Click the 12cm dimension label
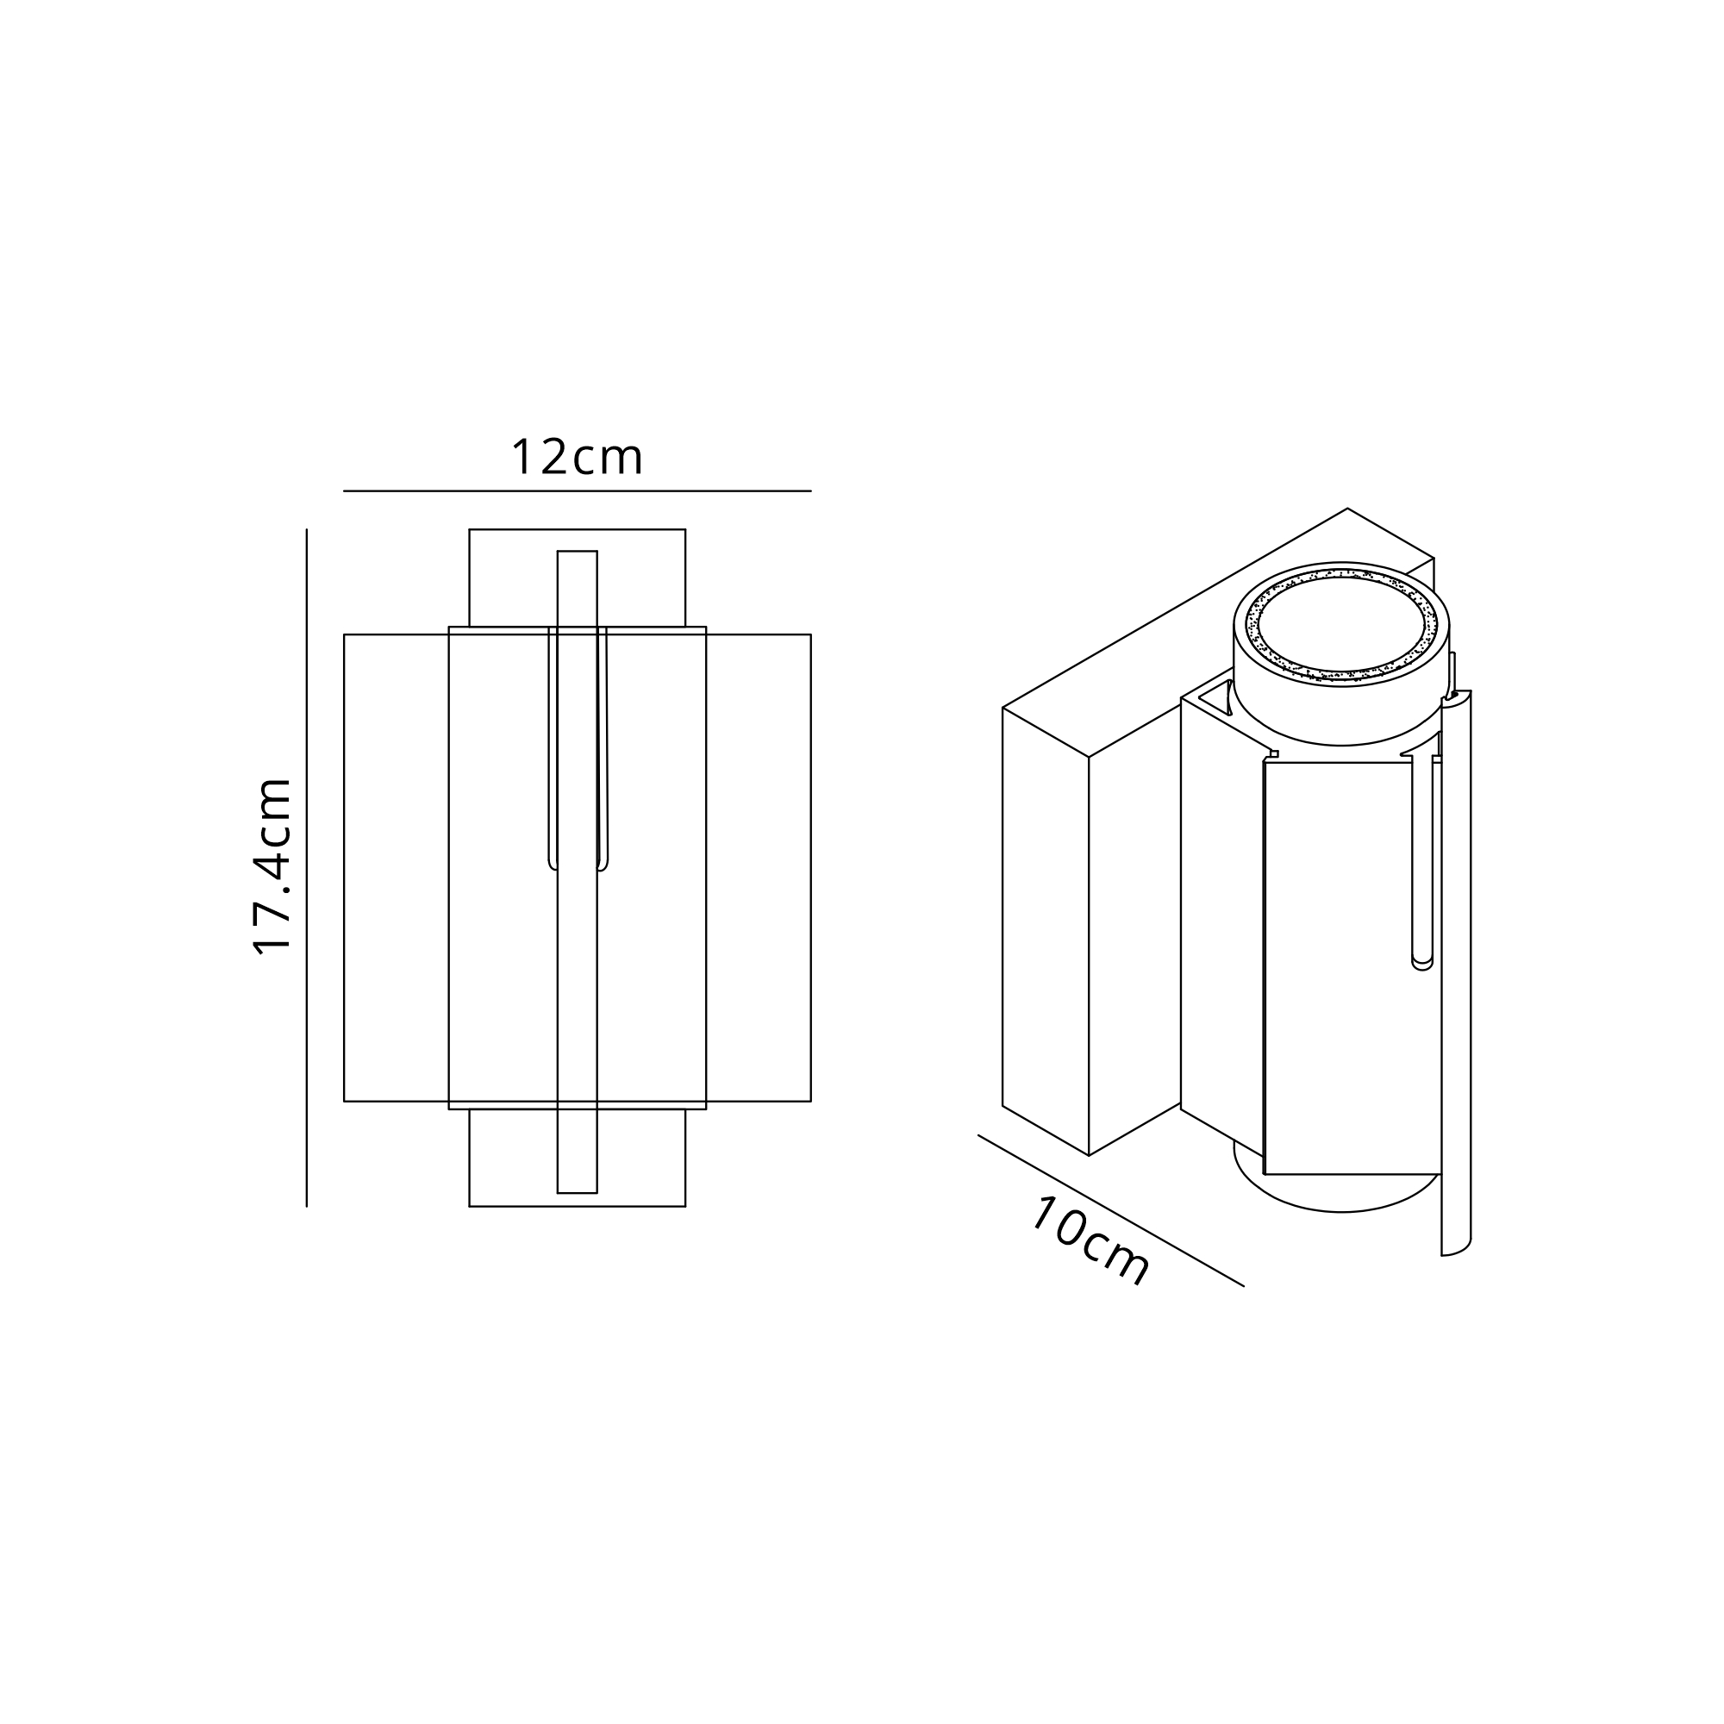(577, 457)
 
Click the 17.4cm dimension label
(273, 866)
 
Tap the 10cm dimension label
(1090, 1241)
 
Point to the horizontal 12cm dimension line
(578, 490)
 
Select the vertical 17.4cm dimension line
(306, 867)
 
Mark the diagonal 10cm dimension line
(1111, 1211)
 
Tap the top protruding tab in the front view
(578, 578)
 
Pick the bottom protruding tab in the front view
(578, 1158)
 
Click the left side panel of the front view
(397, 867)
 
